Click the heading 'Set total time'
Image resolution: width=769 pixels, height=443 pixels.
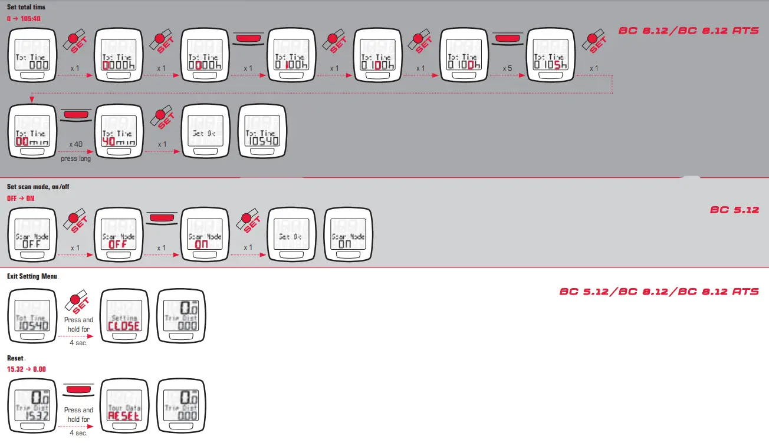point(26,7)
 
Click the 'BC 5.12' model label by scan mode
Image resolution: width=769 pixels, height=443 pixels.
point(734,210)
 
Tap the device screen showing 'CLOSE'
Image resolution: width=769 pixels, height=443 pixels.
point(123,319)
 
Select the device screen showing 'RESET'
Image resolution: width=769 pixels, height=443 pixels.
point(123,408)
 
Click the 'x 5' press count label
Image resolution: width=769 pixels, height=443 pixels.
point(507,68)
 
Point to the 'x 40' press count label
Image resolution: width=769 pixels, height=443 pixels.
point(75,144)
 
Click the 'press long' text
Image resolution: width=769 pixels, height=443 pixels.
point(76,158)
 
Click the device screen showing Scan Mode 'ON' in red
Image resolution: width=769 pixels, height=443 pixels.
point(205,236)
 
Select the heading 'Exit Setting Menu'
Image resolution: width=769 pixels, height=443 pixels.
point(32,276)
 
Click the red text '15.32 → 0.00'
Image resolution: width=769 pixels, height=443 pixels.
point(27,369)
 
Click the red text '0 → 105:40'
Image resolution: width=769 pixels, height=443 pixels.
point(24,19)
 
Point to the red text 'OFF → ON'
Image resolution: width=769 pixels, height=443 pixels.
point(21,199)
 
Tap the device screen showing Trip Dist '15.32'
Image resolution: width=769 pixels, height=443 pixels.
point(32,408)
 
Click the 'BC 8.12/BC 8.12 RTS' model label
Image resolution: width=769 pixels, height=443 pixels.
point(688,30)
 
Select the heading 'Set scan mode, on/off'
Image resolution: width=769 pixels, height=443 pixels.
point(38,187)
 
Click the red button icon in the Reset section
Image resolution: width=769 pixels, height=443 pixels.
point(79,391)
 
